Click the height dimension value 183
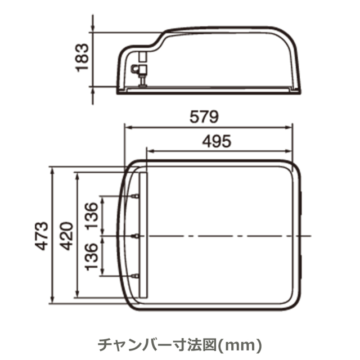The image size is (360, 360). tap(82, 57)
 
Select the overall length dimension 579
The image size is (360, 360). tap(204, 117)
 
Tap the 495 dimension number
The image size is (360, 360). tap(216, 141)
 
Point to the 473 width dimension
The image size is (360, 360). tap(42, 236)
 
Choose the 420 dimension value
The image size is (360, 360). tap(66, 236)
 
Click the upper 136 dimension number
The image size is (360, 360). tap(91, 215)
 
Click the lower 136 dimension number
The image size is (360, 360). tap(91, 256)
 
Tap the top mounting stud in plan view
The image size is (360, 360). tap(135, 196)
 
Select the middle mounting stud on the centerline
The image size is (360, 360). tap(135, 236)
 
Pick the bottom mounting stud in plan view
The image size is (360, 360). tap(135, 276)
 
